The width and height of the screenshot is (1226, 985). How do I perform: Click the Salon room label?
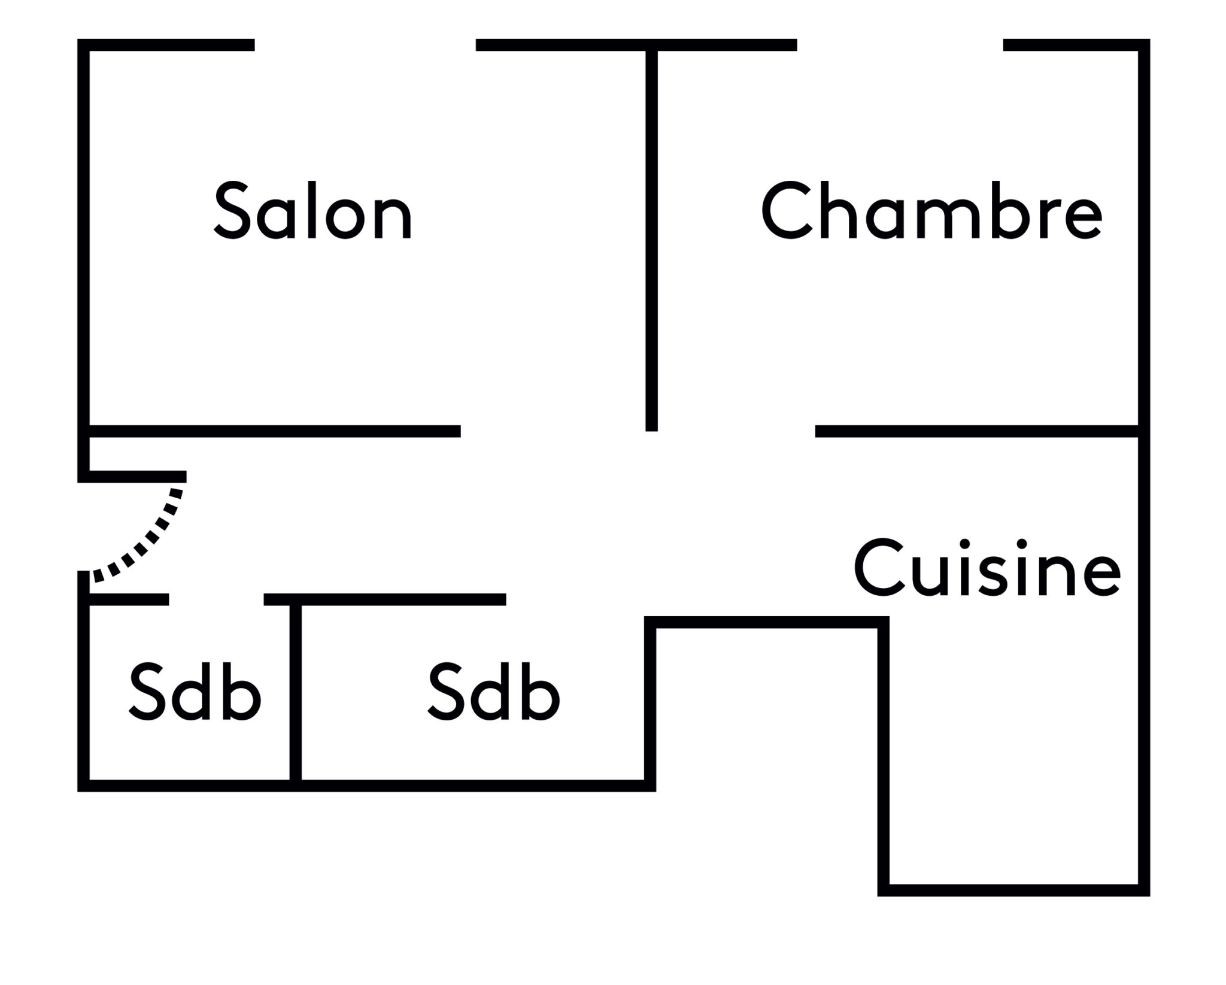(313, 212)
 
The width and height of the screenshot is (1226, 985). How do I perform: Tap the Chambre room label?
(931, 212)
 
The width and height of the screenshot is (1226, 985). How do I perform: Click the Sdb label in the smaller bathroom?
(195, 693)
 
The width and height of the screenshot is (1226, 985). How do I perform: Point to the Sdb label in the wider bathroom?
(494, 693)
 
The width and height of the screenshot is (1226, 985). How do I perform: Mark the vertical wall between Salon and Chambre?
(651, 240)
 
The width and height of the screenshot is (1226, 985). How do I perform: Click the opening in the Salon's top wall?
(365, 45)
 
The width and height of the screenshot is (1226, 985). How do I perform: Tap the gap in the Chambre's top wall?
(900, 45)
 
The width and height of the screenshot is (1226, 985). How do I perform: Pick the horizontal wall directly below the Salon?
(275, 431)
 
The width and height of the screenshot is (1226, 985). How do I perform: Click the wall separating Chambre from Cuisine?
(976, 431)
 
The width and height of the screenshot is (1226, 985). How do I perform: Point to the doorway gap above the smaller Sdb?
(216, 599)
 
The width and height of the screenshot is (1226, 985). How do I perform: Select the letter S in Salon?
(232, 212)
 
